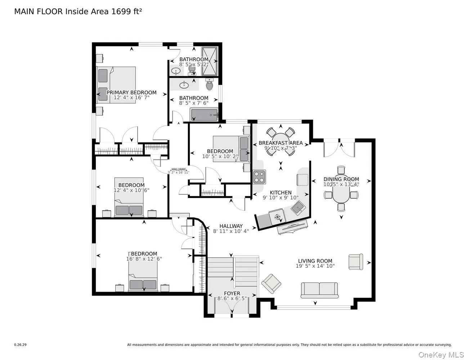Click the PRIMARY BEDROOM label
point(131,93)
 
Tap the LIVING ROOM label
point(315,261)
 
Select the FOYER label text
point(232,293)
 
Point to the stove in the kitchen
point(259,176)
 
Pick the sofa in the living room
point(319,290)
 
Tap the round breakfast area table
point(281,141)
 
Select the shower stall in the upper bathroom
point(210,61)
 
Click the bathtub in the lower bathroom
point(204,116)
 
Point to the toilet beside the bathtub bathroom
point(209,85)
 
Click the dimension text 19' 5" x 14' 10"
point(315,266)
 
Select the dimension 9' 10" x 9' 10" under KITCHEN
point(281,198)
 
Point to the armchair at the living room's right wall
point(355,262)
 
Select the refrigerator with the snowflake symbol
point(277,217)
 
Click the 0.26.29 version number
point(20,345)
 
